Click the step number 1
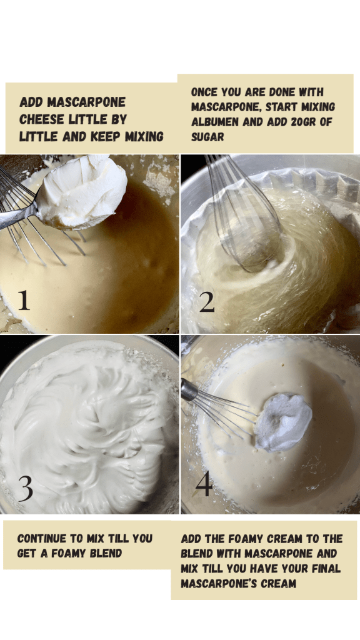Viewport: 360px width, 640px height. click(24, 300)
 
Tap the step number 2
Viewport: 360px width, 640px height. click(206, 302)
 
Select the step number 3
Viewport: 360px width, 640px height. click(25, 489)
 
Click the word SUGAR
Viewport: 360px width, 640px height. click(207, 137)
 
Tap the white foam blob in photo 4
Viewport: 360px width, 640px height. click(283, 422)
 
